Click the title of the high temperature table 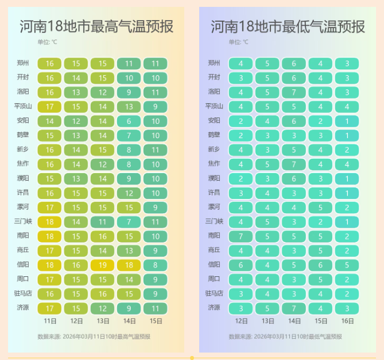96,26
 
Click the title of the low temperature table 288,26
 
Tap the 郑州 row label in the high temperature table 23,63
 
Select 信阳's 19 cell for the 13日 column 102,265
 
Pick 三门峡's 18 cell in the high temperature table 49,221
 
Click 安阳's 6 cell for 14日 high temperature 129,121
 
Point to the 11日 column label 49,321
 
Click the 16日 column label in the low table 347,321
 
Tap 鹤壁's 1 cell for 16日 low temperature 347,135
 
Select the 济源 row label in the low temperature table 214,308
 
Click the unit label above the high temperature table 47,42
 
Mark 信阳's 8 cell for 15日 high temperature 156,265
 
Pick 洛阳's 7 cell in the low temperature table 294,92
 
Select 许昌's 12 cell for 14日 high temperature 129,193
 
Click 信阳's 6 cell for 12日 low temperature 241,265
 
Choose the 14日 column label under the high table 129,321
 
